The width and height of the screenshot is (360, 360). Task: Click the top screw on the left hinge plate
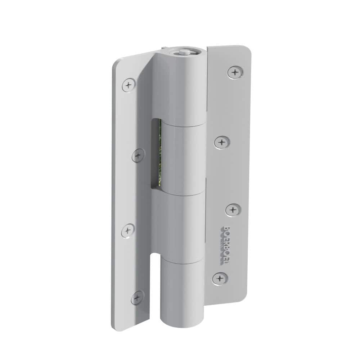pos(129,85)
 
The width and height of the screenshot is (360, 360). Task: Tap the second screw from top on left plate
pos(138,156)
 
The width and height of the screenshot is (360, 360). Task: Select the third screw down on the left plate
pos(128,230)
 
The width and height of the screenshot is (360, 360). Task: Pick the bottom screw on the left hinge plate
pos(137,298)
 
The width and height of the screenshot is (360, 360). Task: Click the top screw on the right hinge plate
pos(235,72)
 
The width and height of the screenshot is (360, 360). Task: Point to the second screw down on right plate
pos(222,142)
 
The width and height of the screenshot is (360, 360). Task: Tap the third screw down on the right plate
pos(233,210)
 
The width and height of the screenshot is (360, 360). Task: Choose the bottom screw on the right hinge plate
pos(219,278)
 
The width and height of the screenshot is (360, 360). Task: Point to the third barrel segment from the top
pos(179,227)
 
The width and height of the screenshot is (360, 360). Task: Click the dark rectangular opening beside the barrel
pos(156,153)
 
